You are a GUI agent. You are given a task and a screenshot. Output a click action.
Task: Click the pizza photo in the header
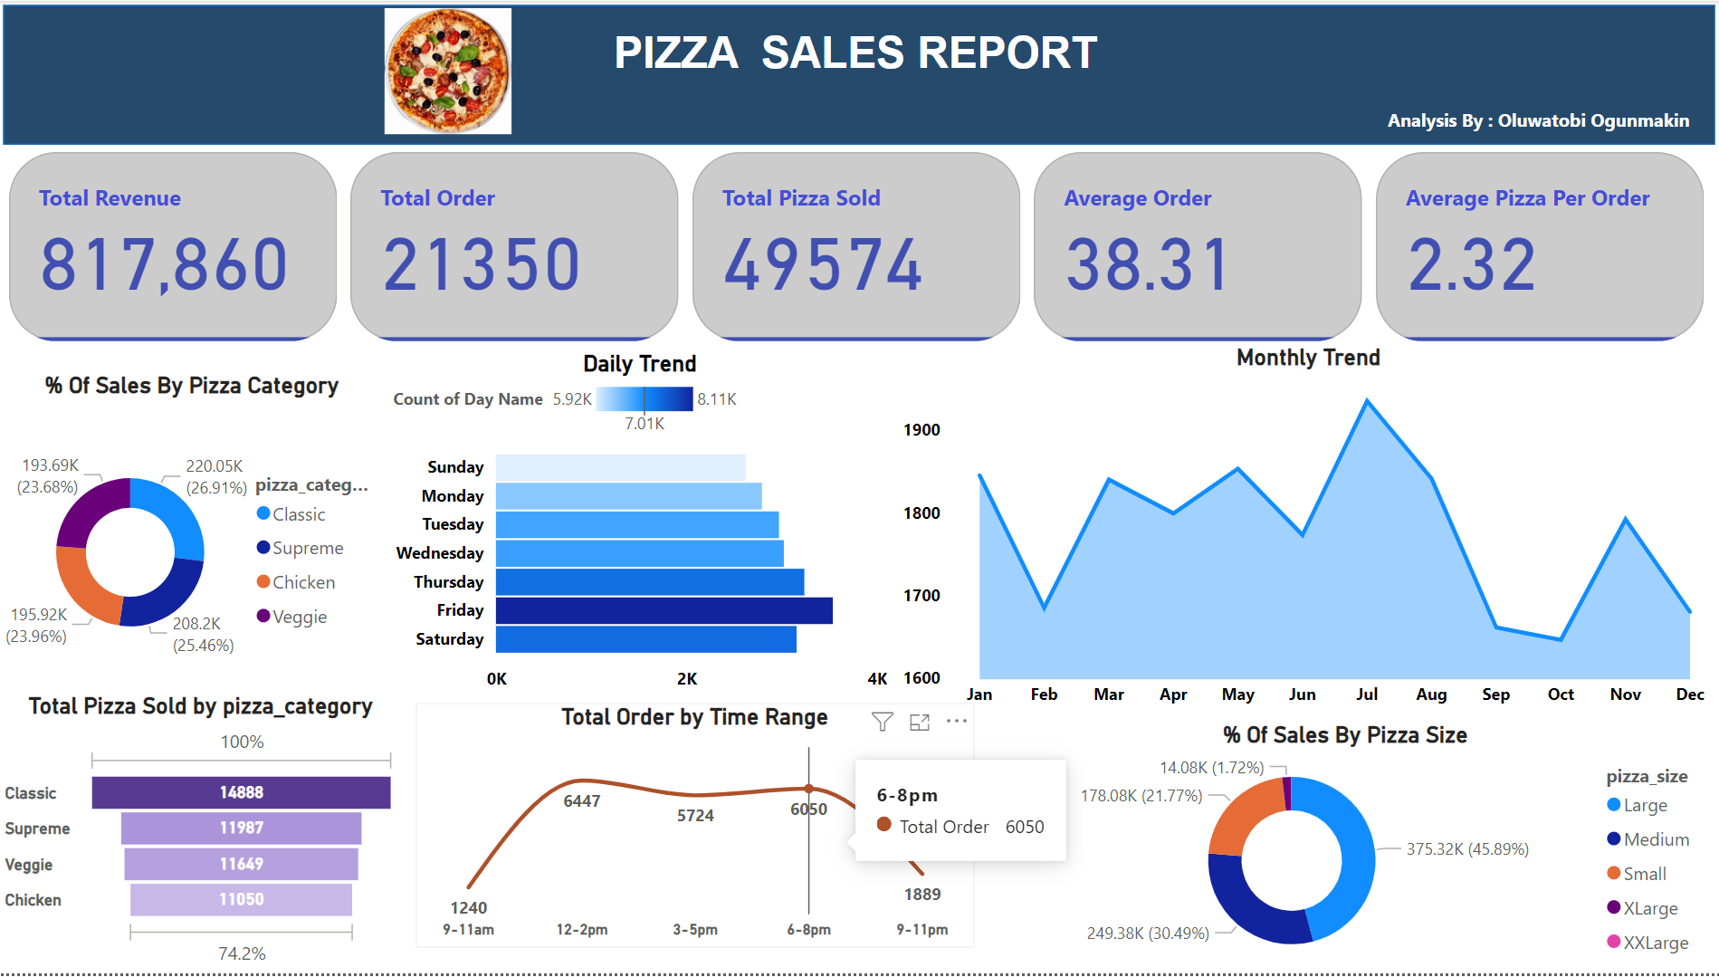click(x=448, y=72)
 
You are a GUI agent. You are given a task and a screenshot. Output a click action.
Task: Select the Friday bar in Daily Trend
click(x=664, y=610)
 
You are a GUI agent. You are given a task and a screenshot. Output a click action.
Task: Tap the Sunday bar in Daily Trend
click(x=620, y=467)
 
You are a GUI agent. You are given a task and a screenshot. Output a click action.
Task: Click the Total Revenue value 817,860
click(x=164, y=264)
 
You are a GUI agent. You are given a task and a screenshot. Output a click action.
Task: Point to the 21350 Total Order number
click(x=482, y=264)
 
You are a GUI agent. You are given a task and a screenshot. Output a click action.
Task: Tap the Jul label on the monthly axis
click(x=1367, y=694)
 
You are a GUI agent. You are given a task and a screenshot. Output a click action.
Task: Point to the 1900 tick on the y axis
click(x=922, y=430)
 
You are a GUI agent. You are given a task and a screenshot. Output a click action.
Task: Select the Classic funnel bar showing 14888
click(x=241, y=792)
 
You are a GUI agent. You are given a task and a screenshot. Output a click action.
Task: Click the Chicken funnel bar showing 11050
click(x=241, y=899)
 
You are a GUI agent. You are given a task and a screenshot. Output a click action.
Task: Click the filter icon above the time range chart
click(x=883, y=722)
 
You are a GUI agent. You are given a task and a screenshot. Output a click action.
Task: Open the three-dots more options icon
click(x=957, y=722)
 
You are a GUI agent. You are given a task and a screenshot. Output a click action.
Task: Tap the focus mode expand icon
click(x=920, y=722)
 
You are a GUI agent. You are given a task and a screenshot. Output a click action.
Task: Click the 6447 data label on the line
click(x=582, y=801)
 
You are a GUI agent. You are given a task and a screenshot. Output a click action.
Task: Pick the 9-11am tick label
click(x=468, y=930)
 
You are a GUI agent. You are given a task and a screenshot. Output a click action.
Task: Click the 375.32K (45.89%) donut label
click(x=1467, y=849)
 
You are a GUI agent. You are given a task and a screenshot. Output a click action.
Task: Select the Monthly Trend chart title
click(x=1308, y=358)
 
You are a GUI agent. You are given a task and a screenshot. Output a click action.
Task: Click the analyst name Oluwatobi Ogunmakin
click(x=1593, y=120)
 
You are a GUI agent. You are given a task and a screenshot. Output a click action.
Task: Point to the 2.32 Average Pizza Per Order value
click(x=1472, y=264)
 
